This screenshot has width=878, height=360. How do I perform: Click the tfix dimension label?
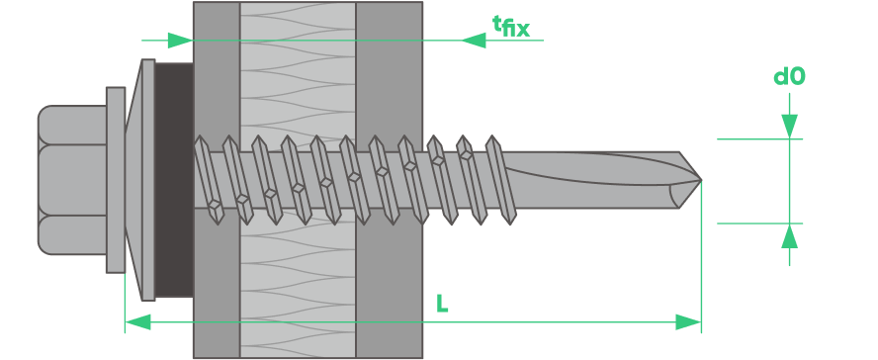tap(510, 26)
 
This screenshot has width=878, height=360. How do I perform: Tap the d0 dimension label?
tap(789, 77)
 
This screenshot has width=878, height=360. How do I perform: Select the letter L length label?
tap(442, 304)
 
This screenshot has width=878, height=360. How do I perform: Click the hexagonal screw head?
tap(72, 180)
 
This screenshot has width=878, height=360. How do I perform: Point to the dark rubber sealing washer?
tap(174, 180)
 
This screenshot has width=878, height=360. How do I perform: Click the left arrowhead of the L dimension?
tap(137, 322)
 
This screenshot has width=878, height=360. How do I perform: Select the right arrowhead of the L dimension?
tap(688, 322)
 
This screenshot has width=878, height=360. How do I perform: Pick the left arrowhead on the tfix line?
tap(180, 41)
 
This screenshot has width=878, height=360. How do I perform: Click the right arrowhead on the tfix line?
tap(474, 41)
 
